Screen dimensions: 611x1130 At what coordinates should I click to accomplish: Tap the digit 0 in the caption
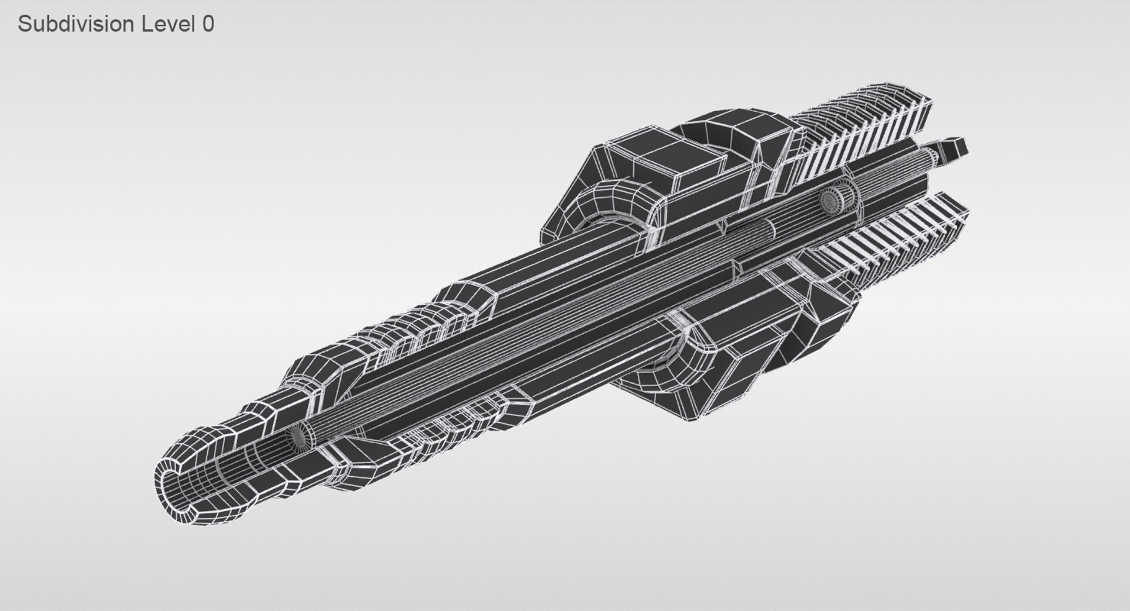coord(208,24)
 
